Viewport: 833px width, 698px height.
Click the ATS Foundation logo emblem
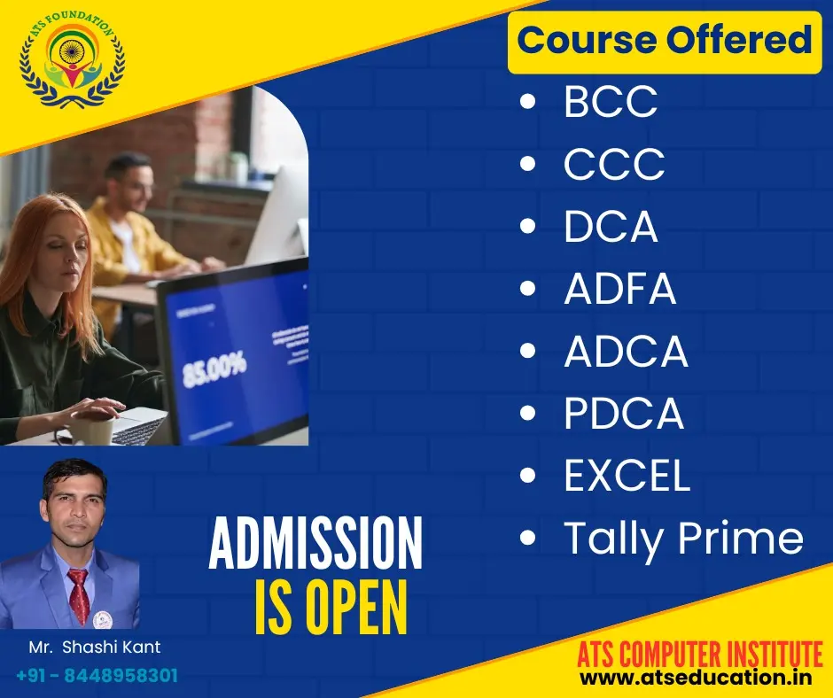point(73,58)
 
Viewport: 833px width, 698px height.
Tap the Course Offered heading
point(664,41)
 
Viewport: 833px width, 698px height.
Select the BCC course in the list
point(611,102)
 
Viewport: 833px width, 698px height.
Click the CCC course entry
point(614,164)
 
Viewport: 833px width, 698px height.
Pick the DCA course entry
point(611,226)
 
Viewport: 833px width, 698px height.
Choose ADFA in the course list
point(620,289)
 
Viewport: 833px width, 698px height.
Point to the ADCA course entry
point(626,351)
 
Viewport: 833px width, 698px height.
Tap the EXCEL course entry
point(627,475)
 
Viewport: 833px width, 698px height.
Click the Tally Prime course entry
point(684,539)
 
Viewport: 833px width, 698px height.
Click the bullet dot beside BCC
point(527,102)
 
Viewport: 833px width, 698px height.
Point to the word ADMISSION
point(315,542)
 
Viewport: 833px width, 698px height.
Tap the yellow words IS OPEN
point(331,608)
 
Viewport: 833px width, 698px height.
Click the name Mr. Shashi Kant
point(95,647)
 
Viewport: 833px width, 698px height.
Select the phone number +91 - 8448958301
point(97,676)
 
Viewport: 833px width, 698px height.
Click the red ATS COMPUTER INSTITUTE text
point(700,654)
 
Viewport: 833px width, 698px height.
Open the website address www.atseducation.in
point(696,678)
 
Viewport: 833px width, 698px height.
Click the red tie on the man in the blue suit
point(80,596)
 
